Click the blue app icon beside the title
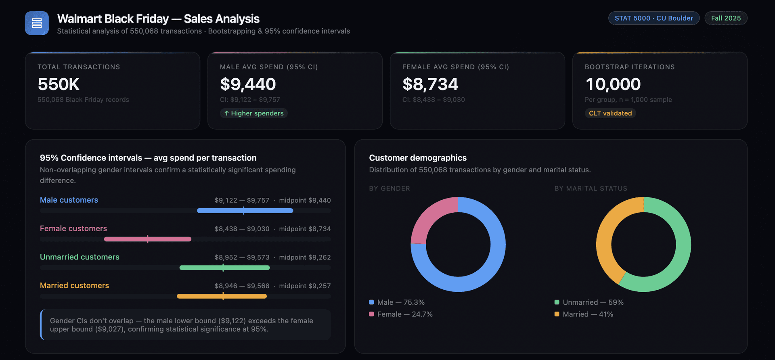37,23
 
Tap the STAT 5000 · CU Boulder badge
654,18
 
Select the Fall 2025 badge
725,18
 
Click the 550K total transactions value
59,84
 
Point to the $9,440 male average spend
248,84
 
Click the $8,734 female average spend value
430,84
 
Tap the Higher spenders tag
254,113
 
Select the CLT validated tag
610,113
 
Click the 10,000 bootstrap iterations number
613,84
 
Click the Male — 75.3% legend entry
400,302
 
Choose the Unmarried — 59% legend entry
593,302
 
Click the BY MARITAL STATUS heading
591,188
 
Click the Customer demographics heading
417,158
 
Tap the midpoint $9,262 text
305,257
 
